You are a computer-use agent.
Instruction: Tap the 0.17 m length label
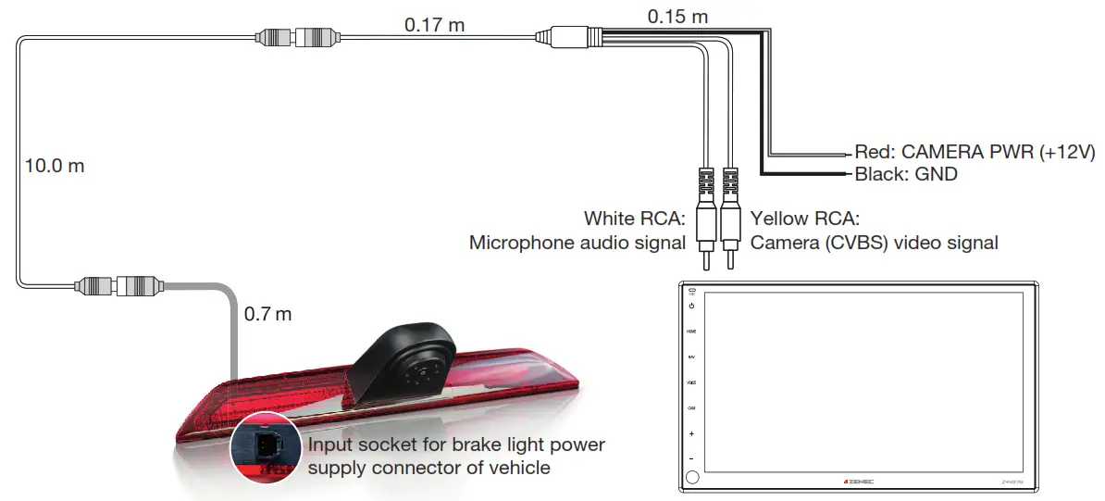(x=434, y=25)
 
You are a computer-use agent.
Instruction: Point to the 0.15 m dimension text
(x=677, y=16)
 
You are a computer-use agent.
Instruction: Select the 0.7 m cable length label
(x=267, y=314)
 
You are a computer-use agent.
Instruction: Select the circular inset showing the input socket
(x=265, y=445)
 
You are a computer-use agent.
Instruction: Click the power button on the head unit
(x=691, y=305)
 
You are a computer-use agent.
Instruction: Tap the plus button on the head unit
(x=691, y=433)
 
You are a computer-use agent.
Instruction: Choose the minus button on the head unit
(x=691, y=458)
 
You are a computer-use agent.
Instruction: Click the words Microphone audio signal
(x=577, y=244)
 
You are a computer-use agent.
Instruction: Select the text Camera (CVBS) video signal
(x=875, y=244)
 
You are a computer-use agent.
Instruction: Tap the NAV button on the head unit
(x=691, y=356)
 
